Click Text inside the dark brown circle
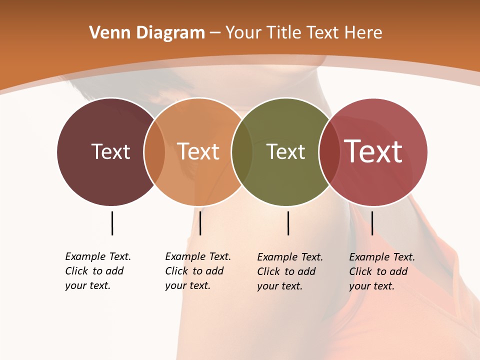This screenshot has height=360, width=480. [x=110, y=151]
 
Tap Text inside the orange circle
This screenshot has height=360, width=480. [x=198, y=151]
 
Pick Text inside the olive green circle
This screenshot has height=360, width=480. [x=285, y=151]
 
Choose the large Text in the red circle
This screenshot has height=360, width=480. [x=373, y=151]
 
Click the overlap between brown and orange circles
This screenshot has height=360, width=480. [x=154, y=152]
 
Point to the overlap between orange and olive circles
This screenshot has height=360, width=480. [x=242, y=152]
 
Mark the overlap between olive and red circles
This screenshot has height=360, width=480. [x=329, y=152]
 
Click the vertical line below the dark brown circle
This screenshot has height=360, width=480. [x=112, y=223]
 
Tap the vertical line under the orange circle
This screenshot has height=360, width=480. [x=200, y=223]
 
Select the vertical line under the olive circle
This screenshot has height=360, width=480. [x=288, y=223]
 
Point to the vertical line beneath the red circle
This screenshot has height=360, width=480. [x=372, y=223]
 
